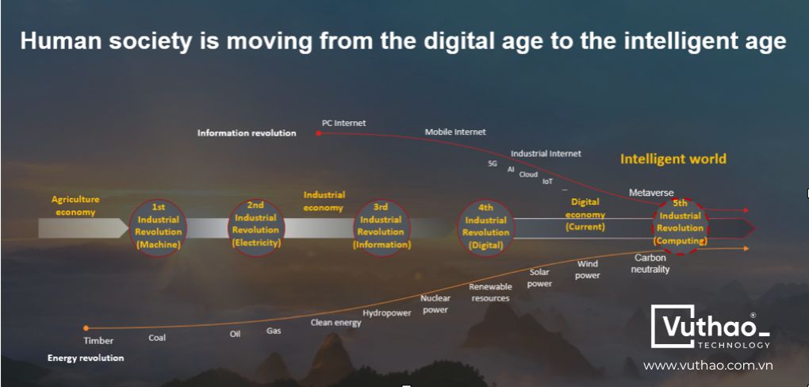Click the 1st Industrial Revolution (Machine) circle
click(158, 227)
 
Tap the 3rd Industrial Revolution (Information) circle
click(381, 228)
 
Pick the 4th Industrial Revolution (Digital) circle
click(485, 228)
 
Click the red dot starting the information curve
click(318, 133)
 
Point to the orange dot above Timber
click(86, 328)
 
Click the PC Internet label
click(343, 124)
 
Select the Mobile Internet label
click(455, 132)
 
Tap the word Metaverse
click(651, 193)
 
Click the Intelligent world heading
click(673, 159)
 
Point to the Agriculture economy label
click(75, 205)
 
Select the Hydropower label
click(387, 313)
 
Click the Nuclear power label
click(435, 304)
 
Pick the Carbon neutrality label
click(650, 263)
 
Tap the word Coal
click(157, 338)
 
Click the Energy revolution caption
click(86, 358)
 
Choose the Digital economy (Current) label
click(585, 214)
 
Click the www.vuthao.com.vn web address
click(707, 366)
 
